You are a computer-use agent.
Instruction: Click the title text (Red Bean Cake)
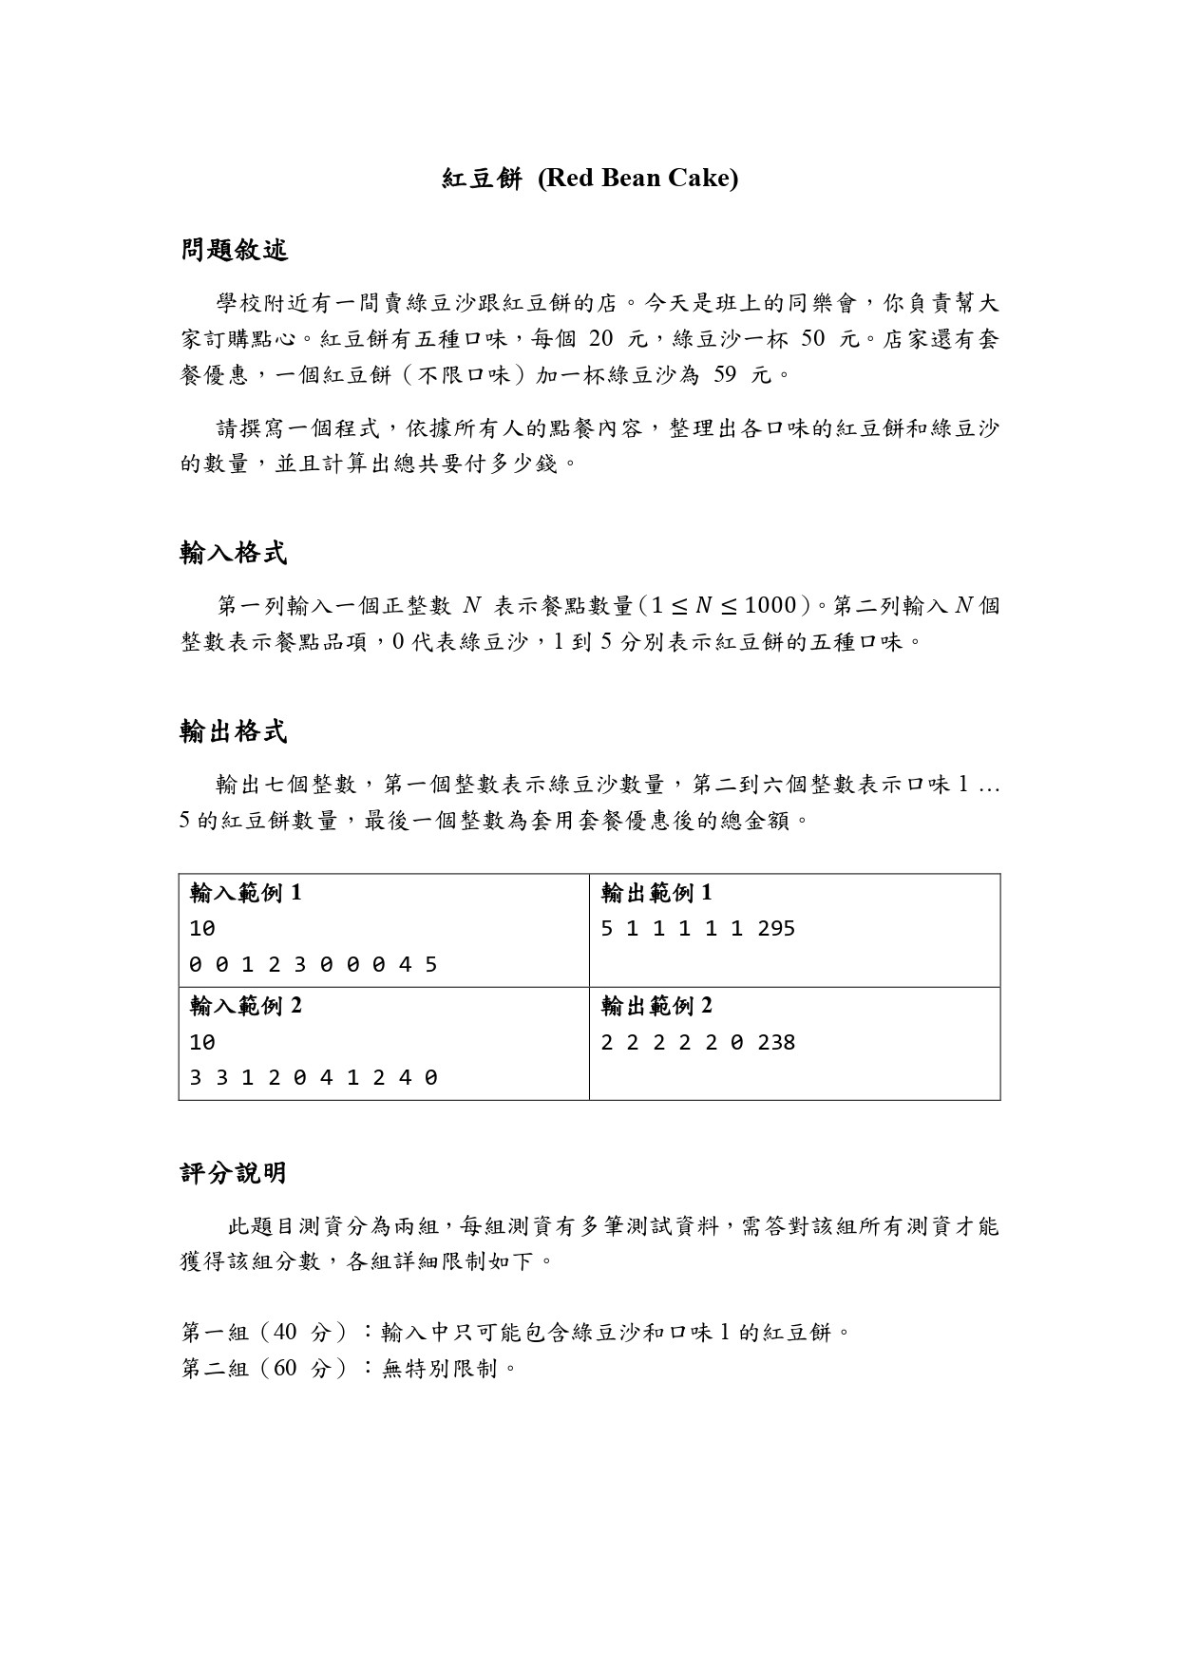click(637, 179)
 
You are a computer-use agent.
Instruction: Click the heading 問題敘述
click(234, 251)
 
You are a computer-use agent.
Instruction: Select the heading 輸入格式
click(234, 553)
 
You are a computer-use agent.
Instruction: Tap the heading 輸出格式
click(234, 731)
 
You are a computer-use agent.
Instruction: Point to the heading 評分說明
click(234, 1173)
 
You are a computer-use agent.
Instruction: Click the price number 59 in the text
click(725, 375)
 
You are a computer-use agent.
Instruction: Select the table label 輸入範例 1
click(245, 893)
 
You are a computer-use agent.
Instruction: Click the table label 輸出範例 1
click(656, 893)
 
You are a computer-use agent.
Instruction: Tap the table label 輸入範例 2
click(245, 1006)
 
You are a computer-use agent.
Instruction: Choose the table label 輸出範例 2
click(656, 1006)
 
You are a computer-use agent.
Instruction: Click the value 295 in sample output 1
click(776, 929)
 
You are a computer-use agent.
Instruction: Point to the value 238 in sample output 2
click(776, 1043)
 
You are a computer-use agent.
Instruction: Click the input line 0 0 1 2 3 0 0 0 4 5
click(314, 965)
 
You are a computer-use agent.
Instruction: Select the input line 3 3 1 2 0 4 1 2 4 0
click(314, 1078)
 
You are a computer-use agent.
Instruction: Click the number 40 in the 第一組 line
click(286, 1333)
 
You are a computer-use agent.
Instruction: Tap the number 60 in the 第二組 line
click(286, 1369)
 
